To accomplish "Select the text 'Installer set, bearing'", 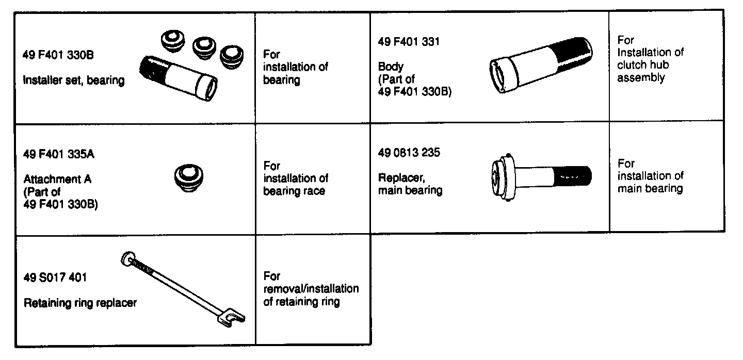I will click(74, 80).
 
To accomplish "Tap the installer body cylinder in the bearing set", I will click(178, 78).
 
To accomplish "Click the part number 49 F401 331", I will click(409, 41).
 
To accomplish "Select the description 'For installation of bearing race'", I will click(296, 178).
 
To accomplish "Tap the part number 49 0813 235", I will click(409, 154).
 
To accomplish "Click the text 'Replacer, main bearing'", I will click(410, 184).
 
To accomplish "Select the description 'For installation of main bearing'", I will click(650, 176).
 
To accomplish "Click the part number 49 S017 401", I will click(55, 278).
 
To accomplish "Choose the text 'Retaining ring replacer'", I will click(80, 303).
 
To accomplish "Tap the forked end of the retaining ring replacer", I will click(230, 320).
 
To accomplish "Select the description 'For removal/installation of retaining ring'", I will click(311, 289).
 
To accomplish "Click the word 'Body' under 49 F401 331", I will click(391, 67).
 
